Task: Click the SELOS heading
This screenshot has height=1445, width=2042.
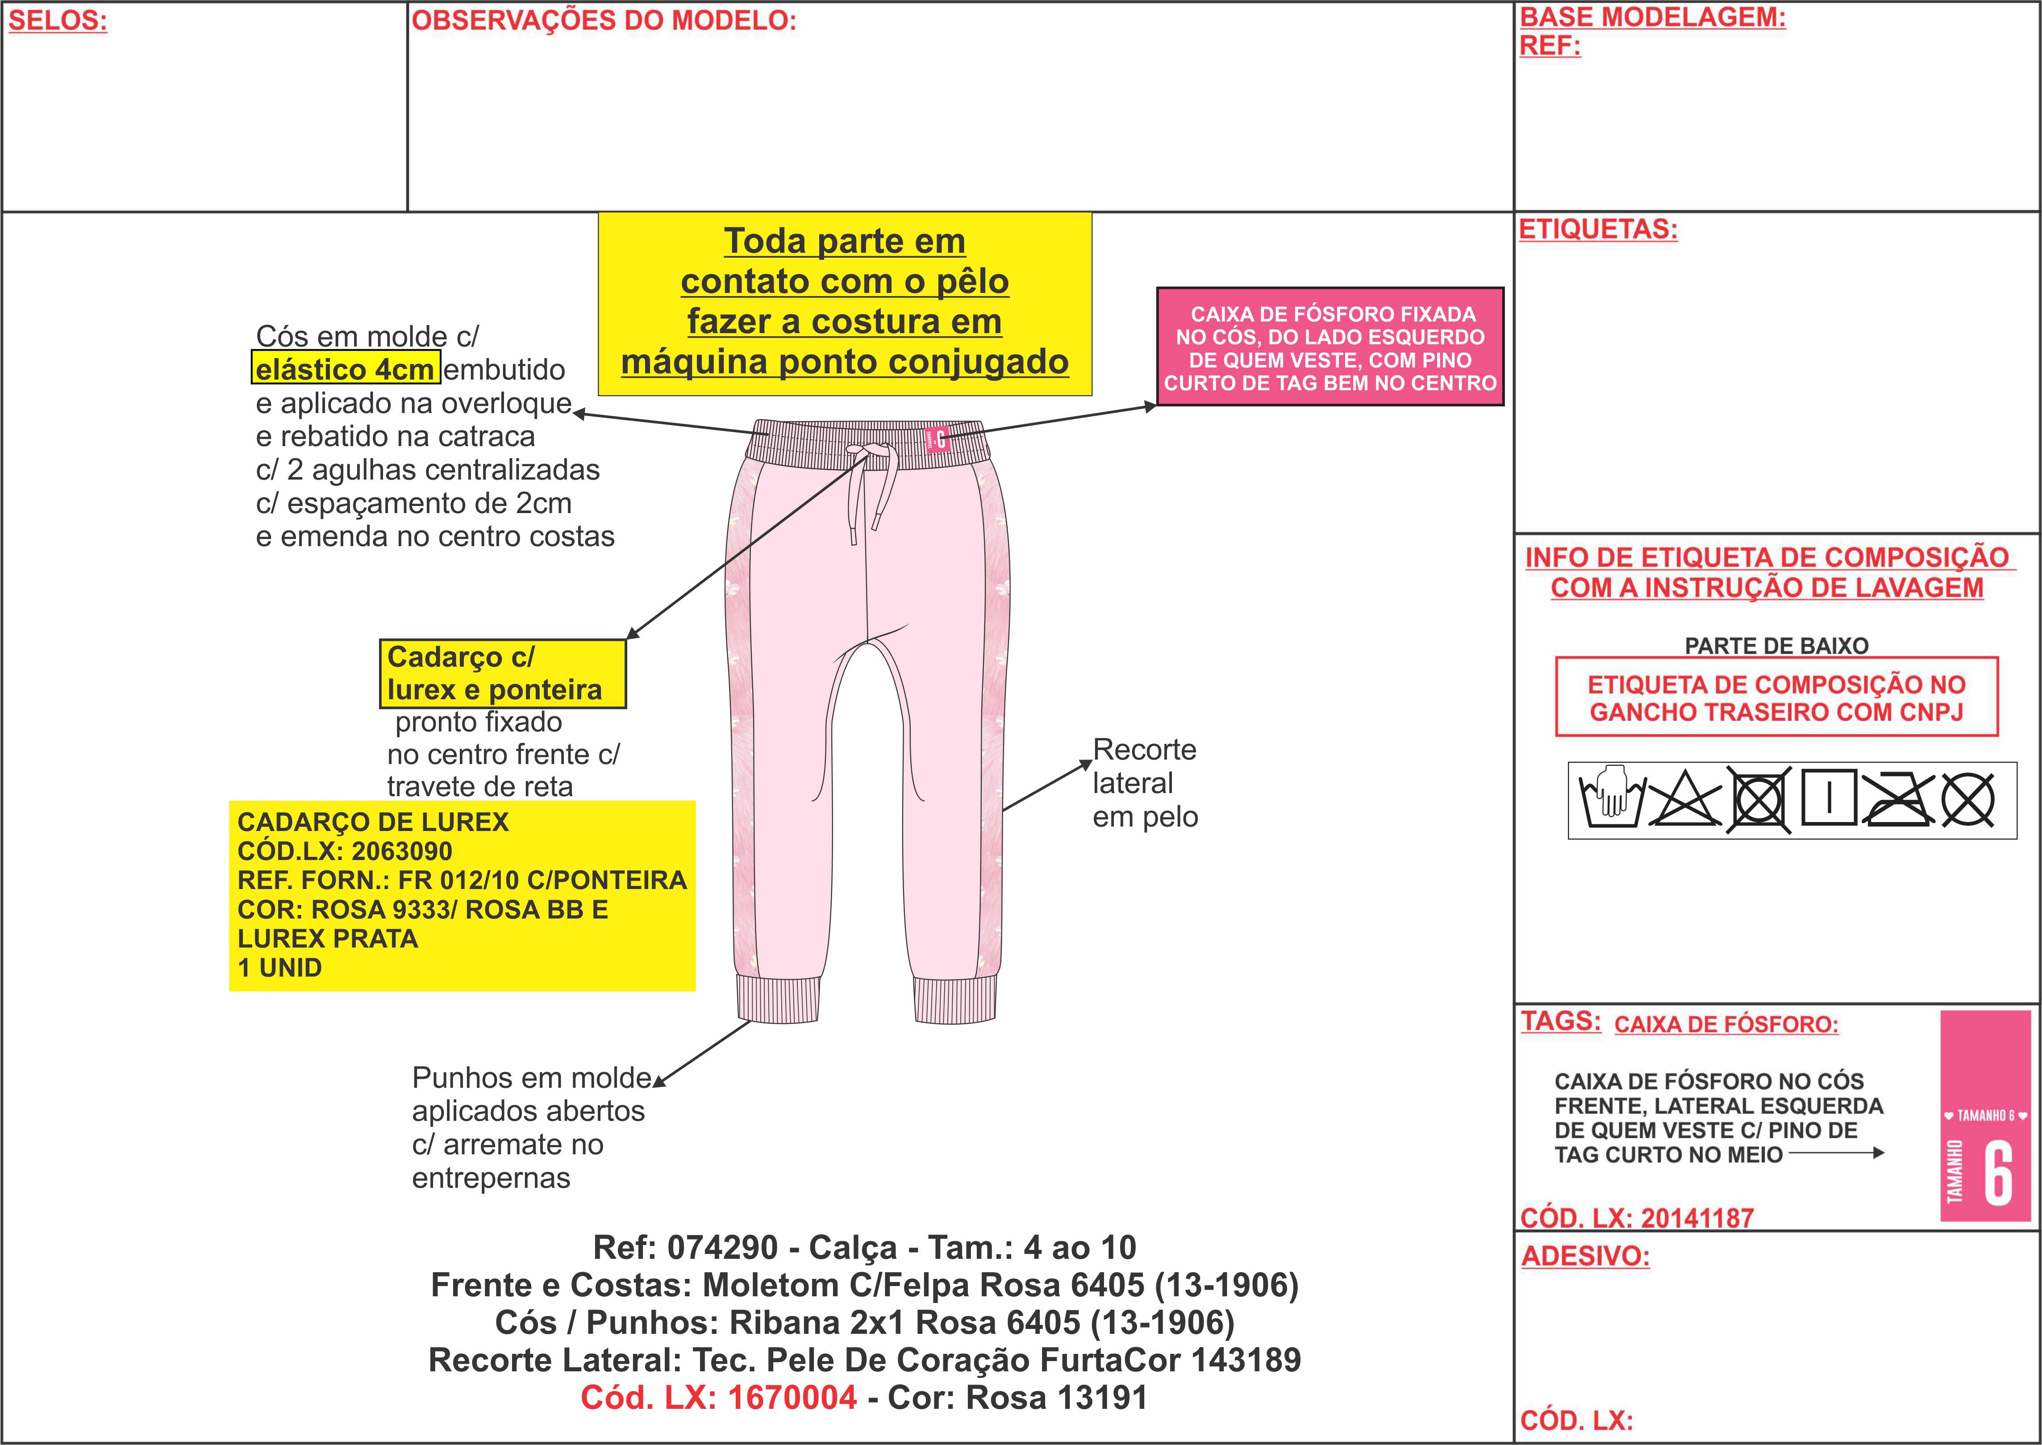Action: [58, 21]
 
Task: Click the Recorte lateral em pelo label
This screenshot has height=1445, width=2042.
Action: [1145, 783]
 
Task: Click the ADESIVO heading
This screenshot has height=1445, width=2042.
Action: [1585, 1257]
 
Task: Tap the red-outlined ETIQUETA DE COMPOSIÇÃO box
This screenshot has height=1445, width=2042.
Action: [1776, 697]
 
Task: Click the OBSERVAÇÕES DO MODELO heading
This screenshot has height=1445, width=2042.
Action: [604, 21]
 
